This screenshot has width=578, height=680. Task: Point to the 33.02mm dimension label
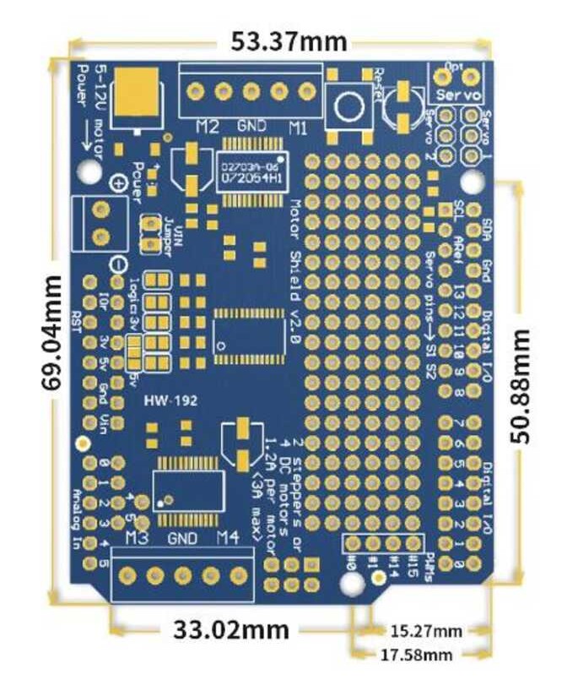pyautogui.click(x=231, y=629)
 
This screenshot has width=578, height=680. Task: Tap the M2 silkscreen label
pyautogui.click(x=208, y=128)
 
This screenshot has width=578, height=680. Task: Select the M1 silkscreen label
pyautogui.click(x=298, y=128)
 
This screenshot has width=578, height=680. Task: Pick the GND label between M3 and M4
pyautogui.click(x=182, y=538)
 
